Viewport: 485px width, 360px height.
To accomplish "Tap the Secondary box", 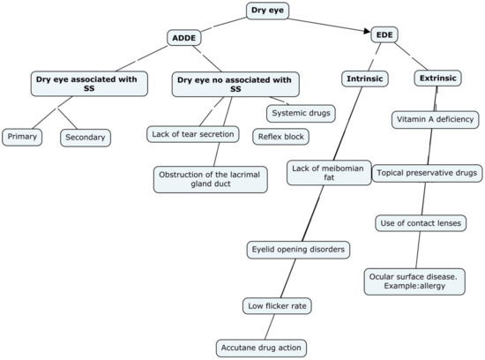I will coord(86,137).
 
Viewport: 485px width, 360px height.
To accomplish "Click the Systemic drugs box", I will coord(302,112).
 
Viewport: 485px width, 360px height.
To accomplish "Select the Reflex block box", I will coord(282,137).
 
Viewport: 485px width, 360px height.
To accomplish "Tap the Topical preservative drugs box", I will coord(428,173).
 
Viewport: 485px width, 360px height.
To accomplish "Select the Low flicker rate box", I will coord(277,305).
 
